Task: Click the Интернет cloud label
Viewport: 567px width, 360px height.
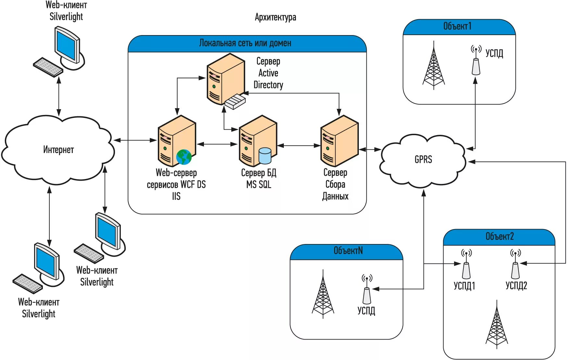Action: (58, 150)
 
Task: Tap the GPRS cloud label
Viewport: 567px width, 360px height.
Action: (423, 160)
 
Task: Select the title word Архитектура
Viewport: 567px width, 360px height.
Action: (275, 17)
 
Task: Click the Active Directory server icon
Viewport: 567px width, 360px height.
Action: (226, 80)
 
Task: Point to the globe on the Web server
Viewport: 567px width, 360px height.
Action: (184, 157)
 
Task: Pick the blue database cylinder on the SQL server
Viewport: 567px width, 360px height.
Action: (265, 156)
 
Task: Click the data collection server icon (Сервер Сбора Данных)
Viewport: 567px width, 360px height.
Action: (339, 141)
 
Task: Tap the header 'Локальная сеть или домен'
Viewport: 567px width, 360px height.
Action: (245, 43)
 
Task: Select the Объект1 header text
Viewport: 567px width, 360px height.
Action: (457, 26)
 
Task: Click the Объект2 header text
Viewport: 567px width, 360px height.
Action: (499, 237)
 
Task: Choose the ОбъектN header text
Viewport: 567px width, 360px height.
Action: (348, 251)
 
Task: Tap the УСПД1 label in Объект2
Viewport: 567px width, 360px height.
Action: (464, 286)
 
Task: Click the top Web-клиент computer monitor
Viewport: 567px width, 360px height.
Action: (67, 45)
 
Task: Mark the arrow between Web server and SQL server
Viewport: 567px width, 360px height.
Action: (217, 144)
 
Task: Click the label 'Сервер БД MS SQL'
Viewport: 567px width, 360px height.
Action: (258, 179)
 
